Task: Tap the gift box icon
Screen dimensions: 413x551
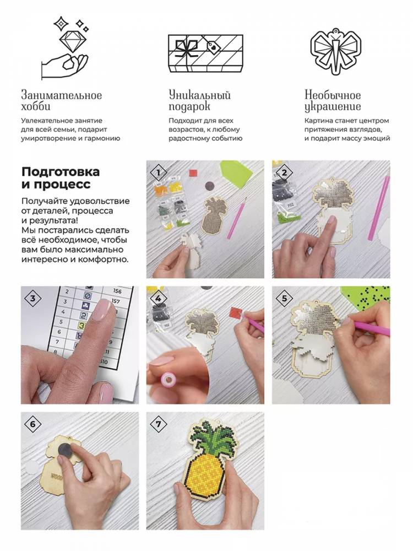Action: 205,53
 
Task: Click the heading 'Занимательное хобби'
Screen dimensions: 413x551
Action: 62,100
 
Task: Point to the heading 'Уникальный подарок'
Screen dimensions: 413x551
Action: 199,100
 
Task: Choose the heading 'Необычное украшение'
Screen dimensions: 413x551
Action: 333,100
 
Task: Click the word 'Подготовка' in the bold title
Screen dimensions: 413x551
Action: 61,172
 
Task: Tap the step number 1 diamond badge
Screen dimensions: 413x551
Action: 159,172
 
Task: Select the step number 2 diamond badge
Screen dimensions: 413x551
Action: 285,172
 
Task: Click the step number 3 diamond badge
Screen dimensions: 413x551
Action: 33,298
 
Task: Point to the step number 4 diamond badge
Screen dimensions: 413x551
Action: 159,298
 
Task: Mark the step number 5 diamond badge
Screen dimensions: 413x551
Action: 285,298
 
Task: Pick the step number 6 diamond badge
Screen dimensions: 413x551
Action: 33,424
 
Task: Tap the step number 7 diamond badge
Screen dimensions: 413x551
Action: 159,424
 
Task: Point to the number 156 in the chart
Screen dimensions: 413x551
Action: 117,291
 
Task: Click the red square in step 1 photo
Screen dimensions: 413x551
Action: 193,173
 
